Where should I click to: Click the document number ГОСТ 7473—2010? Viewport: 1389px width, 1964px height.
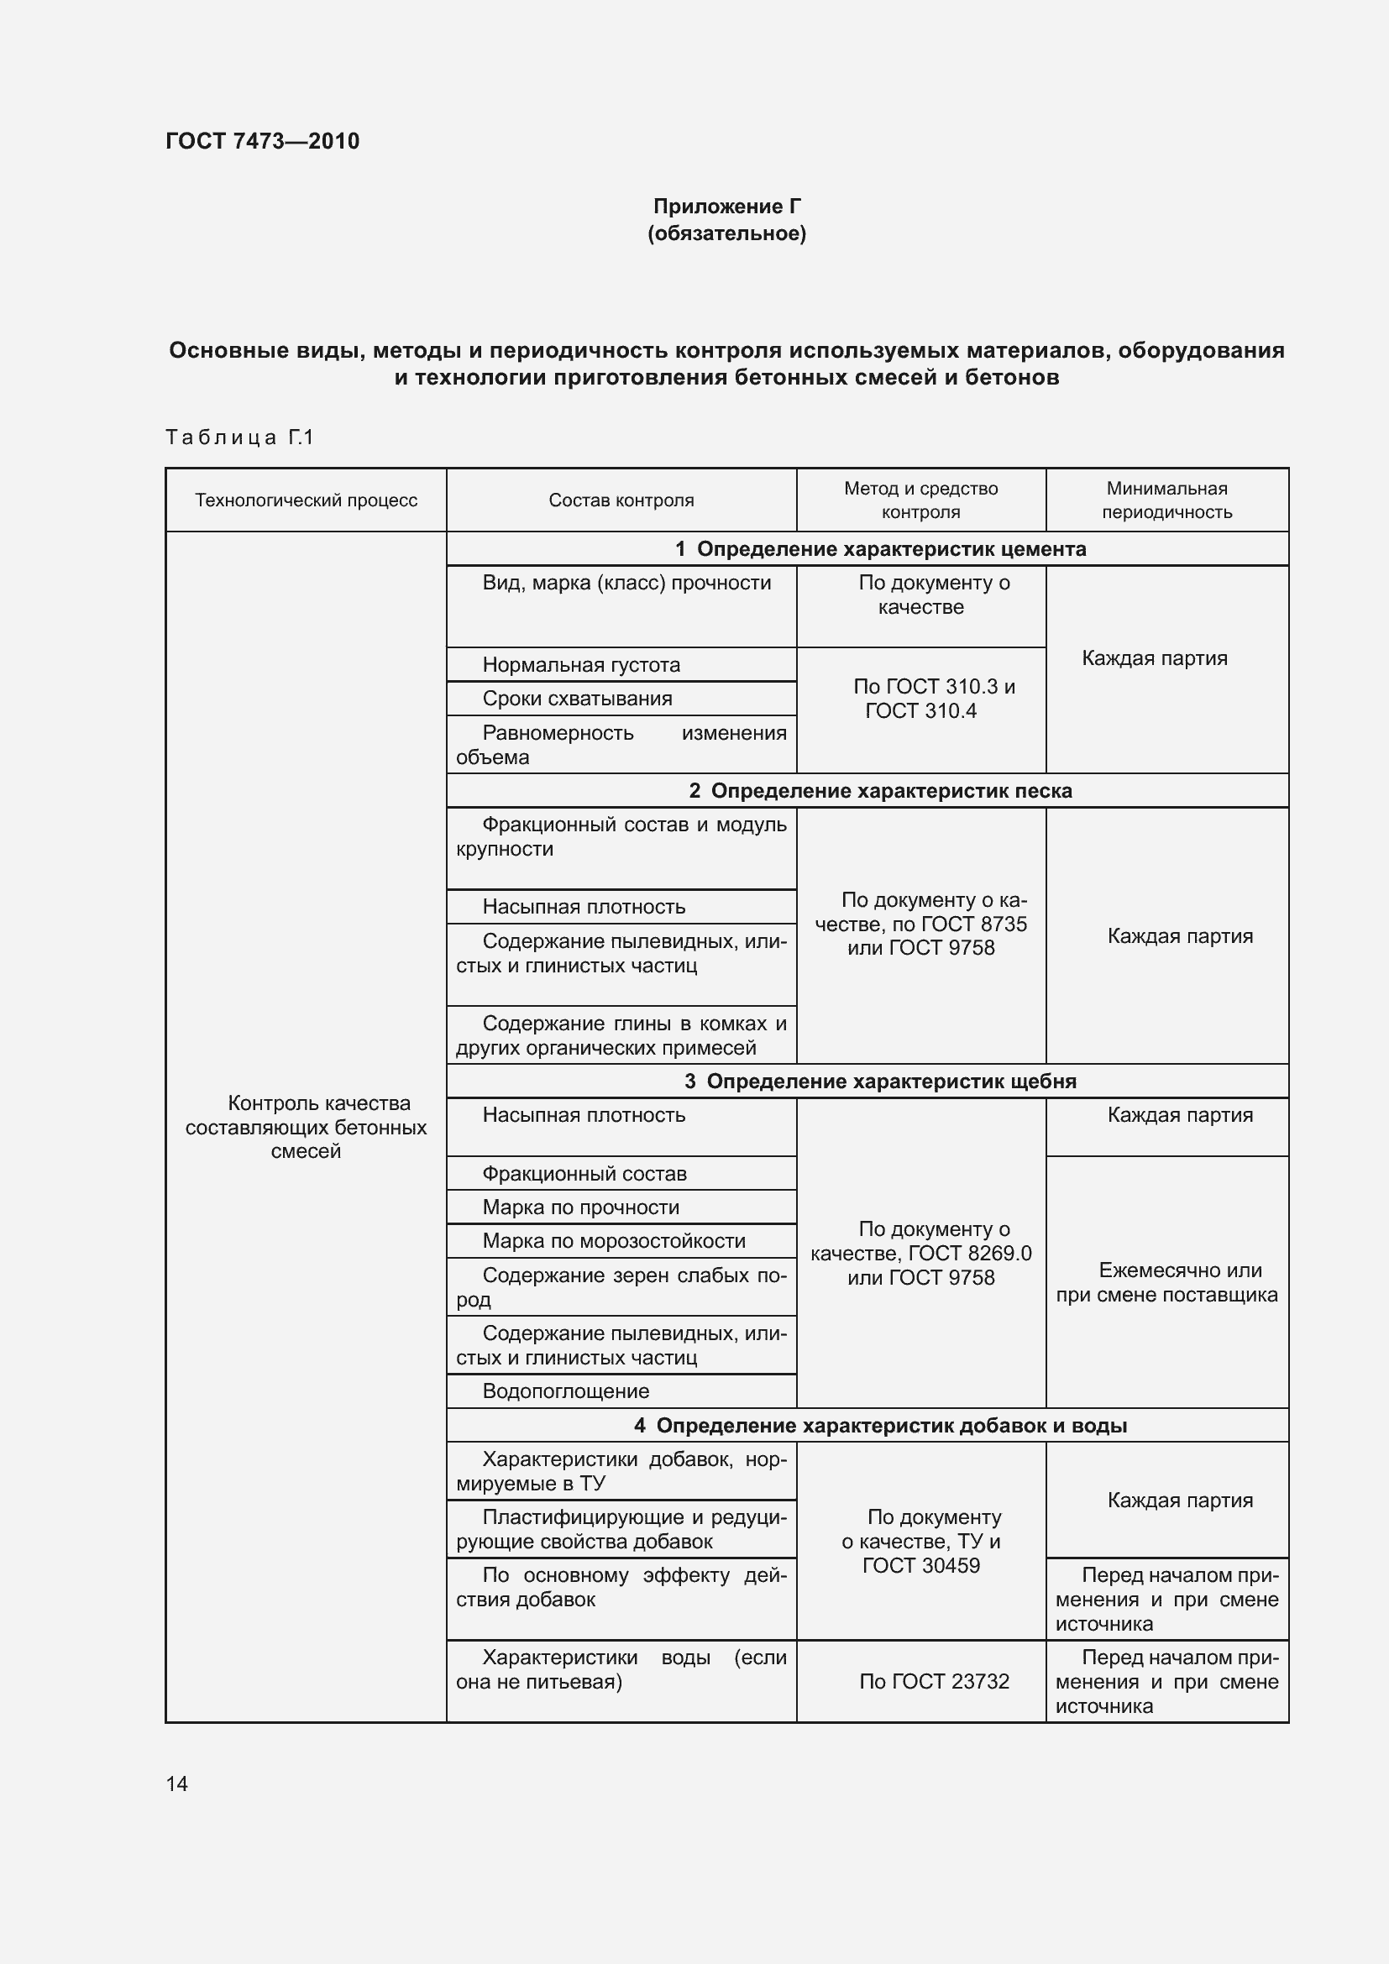[263, 141]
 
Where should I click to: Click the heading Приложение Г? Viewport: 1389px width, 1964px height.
[727, 207]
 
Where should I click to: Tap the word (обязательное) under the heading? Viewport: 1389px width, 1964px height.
[727, 233]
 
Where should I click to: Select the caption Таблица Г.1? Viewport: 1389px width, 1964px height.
[239, 437]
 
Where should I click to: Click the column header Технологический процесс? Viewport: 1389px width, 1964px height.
[306, 500]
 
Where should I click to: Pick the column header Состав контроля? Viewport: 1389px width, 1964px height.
[621, 500]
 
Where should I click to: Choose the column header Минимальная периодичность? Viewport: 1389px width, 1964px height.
[1166, 500]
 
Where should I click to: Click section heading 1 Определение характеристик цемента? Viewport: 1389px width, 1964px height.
[880, 549]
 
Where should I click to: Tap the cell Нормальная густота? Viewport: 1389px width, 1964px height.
[582, 665]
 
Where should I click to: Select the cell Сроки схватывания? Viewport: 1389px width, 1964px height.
[577, 698]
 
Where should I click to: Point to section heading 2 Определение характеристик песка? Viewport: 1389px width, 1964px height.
[880, 790]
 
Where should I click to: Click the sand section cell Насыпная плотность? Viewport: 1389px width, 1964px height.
[584, 907]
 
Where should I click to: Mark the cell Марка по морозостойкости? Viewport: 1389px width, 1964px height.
[614, 1240]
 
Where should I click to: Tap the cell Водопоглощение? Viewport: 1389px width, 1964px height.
[566, 1391]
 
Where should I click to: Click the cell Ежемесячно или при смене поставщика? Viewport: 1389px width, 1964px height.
[1166, 1282]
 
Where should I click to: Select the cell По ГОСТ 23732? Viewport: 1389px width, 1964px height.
[934, 1681]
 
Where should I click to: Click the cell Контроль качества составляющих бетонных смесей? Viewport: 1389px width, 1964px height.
[306, 1127]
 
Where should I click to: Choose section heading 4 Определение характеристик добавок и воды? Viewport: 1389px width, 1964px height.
[880, 1425]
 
